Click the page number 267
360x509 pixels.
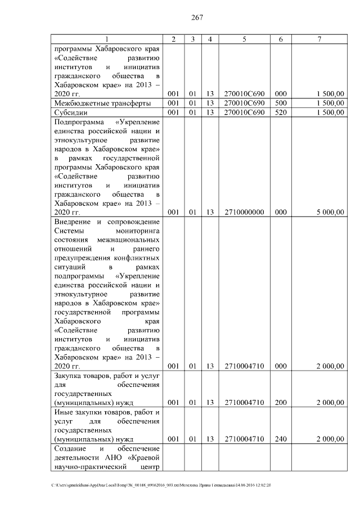(196, 17)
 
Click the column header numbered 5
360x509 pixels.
(244, 39)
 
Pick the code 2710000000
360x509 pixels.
(244, 213)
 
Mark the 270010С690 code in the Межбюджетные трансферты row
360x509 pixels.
(244, 103)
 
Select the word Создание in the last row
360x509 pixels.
(70, 448)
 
